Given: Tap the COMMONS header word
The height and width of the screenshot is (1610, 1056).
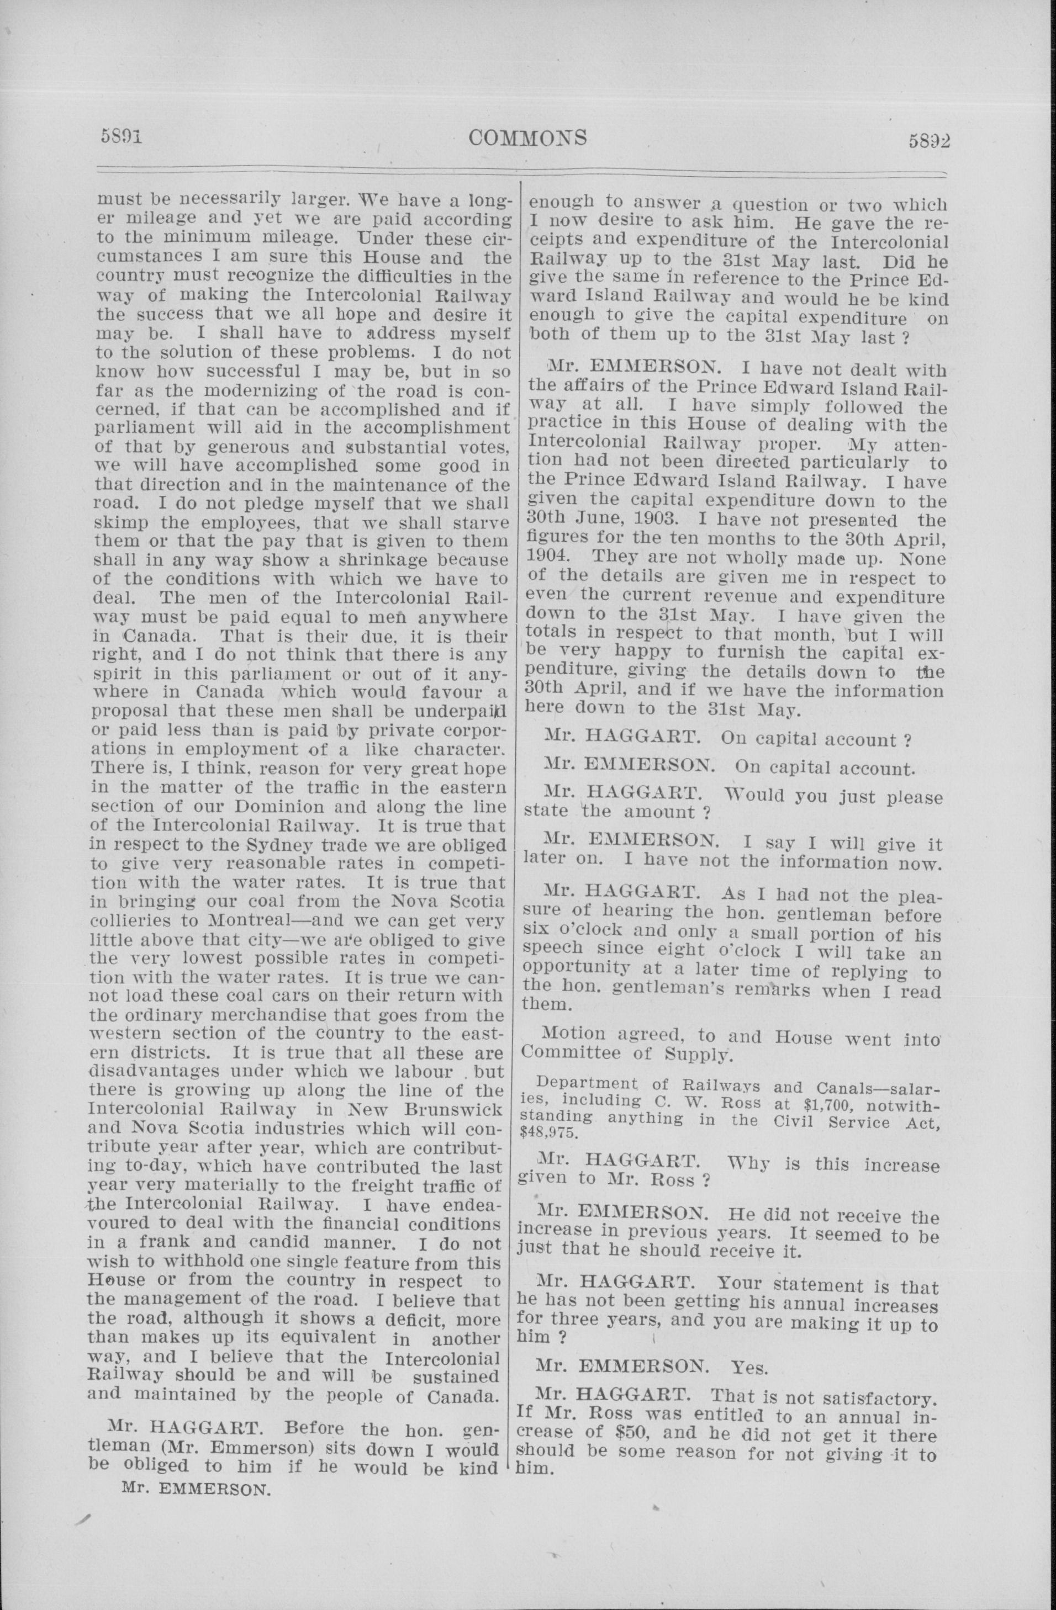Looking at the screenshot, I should pos(527,138).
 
